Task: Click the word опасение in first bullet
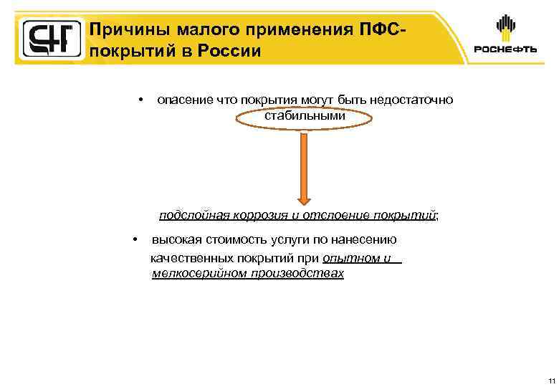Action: click(184, 100)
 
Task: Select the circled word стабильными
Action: click(305, 115)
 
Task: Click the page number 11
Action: click(550, 379)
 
